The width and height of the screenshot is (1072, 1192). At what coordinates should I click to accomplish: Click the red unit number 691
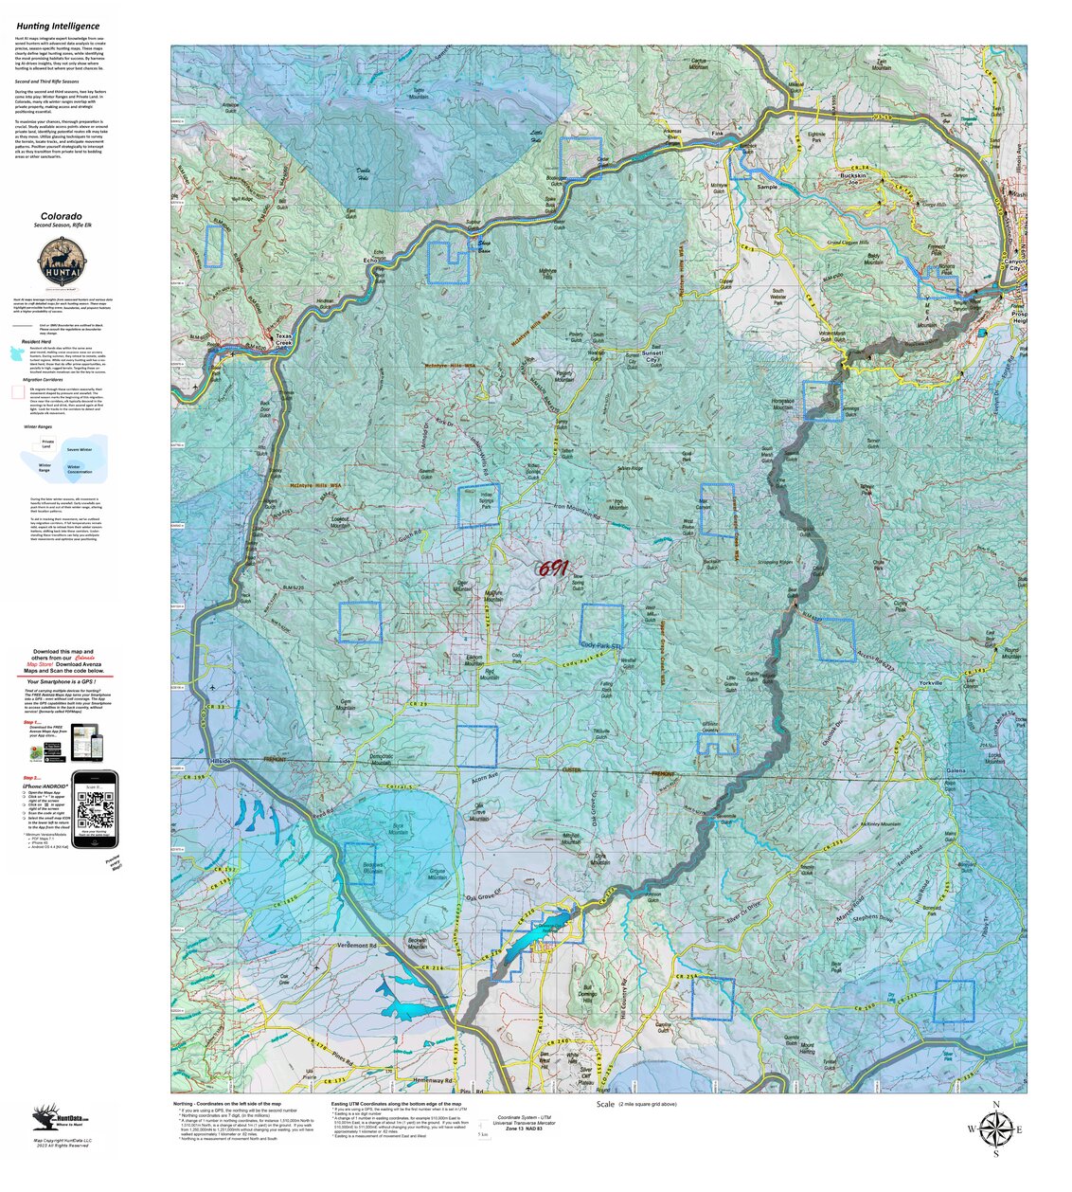click(552, 569)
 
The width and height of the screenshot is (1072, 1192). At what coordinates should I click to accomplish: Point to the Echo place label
click(370, 260)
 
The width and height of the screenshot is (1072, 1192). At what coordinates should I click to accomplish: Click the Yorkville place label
click(931, 682)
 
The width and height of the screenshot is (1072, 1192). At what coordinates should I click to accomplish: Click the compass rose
click(995, 1129)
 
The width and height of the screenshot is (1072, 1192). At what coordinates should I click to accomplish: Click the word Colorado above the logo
click(61, 216)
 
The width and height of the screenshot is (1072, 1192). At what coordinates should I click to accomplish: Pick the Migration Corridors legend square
click(17, 390)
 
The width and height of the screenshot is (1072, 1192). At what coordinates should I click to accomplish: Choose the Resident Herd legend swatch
click(17, 353)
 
